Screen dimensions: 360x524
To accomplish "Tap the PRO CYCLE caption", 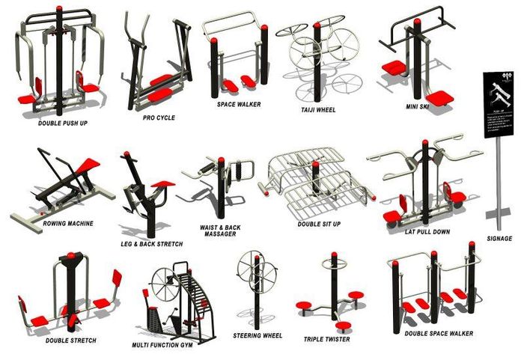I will (x=159, y=118).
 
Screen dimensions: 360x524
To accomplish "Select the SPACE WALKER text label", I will (x=239, y=105).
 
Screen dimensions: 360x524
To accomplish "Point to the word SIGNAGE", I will (x=499, y=239).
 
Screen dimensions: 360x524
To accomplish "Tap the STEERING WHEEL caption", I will (x=258, y=336).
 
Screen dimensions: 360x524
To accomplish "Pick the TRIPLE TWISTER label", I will (x=326, y=339).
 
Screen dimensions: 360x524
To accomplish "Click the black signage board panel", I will (x=499, y=105).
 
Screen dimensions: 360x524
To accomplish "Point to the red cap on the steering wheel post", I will (x=251, y=255).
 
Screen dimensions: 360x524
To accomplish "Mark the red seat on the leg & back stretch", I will (x=162, y=183).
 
